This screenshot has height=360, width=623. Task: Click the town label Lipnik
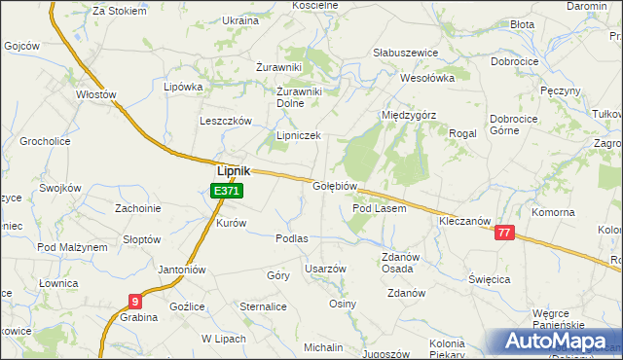(233, 169)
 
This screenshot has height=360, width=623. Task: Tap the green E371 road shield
(226, 192)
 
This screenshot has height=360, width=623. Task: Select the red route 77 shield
(503, 233)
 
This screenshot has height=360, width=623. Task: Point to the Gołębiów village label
(337, 186)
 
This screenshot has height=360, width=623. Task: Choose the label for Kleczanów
(462, 222)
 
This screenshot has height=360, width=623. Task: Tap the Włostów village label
(96, 94)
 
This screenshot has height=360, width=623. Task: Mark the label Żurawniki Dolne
(300, 97)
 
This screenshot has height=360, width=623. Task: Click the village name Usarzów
(325, 269)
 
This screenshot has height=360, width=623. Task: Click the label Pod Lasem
(379, 208)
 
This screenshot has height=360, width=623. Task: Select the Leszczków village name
(226, 121)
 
